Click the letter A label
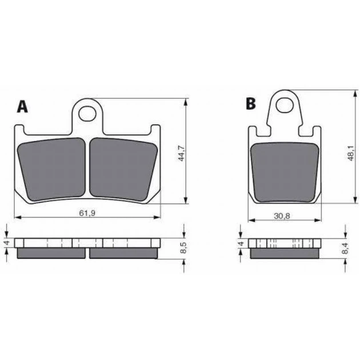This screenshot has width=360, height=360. pos(22,107)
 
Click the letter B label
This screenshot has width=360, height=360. pos(250,103)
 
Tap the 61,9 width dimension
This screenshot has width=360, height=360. pos(87,213)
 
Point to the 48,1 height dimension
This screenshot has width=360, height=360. pos(350,153)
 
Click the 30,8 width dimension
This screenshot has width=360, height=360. pos(282,216)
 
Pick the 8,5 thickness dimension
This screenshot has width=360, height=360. pos(183,249)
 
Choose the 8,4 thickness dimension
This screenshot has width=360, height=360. pos(345,249)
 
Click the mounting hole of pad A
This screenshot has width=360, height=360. pos(87,113)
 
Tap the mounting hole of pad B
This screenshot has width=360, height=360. pos(285,106)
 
